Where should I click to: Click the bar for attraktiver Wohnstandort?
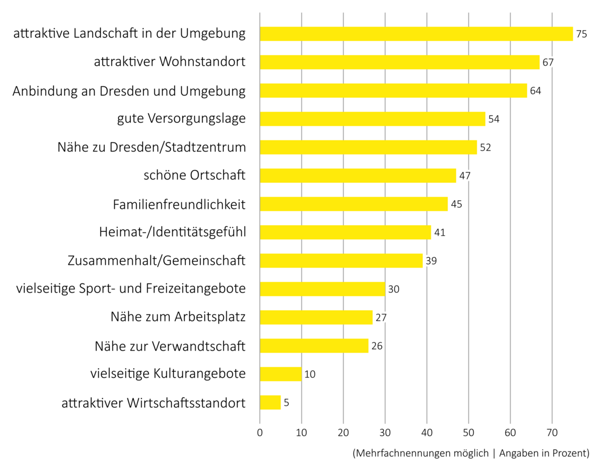(400, 62)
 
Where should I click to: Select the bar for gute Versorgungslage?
(373, 119)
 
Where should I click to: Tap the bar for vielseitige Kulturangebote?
(280, 374)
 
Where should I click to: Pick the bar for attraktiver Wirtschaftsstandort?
(270, 402)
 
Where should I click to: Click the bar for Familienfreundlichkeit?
(354, 204)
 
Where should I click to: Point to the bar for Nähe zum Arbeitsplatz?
(316, 318)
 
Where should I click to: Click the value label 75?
(581, 34)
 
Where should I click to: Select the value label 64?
(535, 91)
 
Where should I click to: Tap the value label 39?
(431, 261)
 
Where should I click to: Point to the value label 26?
(377, 346)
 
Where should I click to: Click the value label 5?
(286, 402)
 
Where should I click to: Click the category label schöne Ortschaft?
(194, 176)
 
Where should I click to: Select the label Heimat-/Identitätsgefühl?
(172, 232)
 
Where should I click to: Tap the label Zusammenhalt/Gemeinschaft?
(156, 261)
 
